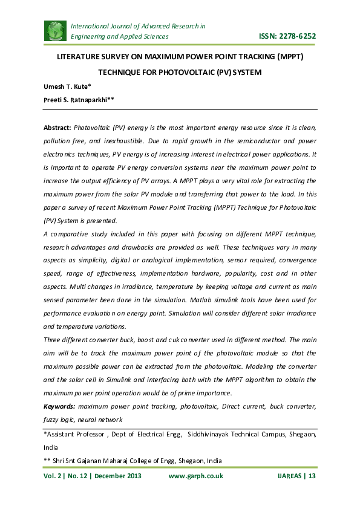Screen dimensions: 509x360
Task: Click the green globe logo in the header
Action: pyautogui.click(x=56, y=31)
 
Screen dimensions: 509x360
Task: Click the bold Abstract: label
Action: pyautogui.click(x=57, y=129)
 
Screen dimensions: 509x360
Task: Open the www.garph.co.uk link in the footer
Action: pyautogui.click(x=195, y=476)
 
